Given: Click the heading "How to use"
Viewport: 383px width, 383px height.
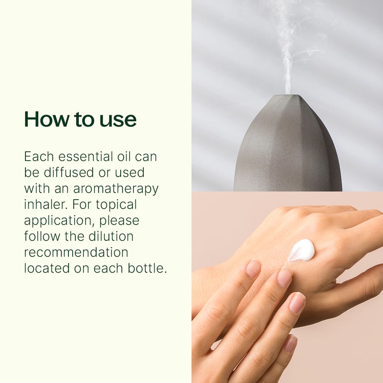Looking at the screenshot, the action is pos(80,119).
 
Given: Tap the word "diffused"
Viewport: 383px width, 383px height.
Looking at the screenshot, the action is pos(69,172).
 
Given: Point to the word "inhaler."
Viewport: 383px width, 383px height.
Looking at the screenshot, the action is pos(46,205).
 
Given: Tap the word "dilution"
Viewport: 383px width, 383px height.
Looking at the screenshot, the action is pos(111,236).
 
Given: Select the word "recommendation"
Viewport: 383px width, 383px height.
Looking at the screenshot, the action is pos(76,252).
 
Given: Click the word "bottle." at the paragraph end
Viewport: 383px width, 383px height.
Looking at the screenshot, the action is pos(147,268).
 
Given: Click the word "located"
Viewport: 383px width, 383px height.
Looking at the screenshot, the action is pos(47,268).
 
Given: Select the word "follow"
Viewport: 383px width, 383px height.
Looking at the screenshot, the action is pos(42,236).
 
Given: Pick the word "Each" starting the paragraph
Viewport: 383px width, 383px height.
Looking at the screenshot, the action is pos(39,157).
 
